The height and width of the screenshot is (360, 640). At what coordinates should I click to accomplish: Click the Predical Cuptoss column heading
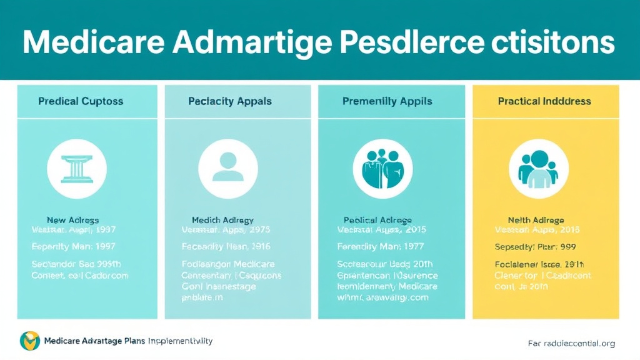pyautogui.click(x=81, y=101)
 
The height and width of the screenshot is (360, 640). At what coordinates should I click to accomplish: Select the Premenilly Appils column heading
pyautogui.click(x=387, y=101)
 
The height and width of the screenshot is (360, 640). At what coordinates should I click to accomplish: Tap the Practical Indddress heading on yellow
pyautogui.click(x=544, y=101)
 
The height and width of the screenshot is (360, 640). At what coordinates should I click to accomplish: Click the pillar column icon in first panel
pyautogui.click(x=77, y=169)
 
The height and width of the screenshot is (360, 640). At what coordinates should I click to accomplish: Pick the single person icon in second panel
pyautogui.click(x=228, y=169)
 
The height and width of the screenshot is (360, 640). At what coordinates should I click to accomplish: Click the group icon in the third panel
pyautogui.click(x=382, y=169)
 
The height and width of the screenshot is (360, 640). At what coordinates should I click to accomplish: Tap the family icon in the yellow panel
pyautogui.click(x=538, y=169)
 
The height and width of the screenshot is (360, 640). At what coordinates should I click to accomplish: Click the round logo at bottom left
pyautogui.click(x=29, y=341)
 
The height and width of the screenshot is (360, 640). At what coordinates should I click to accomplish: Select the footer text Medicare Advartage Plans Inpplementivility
pyautogui.click(x=128, y=341)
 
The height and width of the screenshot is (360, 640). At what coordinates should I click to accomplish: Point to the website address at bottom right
pyautogui.click(x=571, y=343)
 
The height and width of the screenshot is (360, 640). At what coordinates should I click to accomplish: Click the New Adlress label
pyautogui.click(x=73, y=221)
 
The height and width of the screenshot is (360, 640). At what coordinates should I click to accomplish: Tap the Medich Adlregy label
pyautogui.click(x=222, y=221)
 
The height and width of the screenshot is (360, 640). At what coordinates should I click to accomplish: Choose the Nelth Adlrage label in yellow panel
pyautogui.click(x=536, y=220)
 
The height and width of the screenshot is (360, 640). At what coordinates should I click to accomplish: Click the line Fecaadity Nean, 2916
pyautogui.click(x=227, y=247)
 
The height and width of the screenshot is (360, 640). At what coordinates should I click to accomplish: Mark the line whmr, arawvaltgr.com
pyautogui.click(x=382, y=298)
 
